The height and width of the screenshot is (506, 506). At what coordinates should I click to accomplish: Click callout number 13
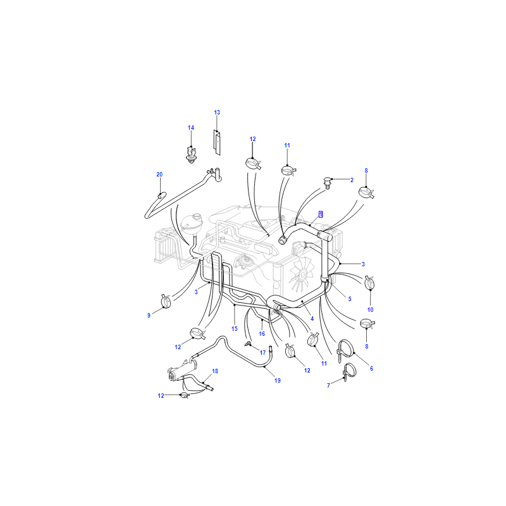tap(217, 113)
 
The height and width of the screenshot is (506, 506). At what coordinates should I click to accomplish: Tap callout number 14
tap(191, 128)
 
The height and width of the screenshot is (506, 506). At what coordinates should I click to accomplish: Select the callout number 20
tap(159, 175)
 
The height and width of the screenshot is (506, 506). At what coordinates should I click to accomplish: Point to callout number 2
tap(352, 180)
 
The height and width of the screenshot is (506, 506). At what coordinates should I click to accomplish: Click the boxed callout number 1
tap(321, 214)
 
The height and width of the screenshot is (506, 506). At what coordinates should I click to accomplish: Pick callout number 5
tap(350, 299)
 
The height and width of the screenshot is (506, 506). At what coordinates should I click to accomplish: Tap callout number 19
tap(278, 381)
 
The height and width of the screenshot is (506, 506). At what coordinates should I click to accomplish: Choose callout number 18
tap(215, 371)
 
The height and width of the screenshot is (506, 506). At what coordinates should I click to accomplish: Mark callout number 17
tap(262, 353)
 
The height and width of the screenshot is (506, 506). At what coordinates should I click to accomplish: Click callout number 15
tap(234, 328)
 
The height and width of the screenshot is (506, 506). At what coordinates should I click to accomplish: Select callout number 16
tap(262, 334)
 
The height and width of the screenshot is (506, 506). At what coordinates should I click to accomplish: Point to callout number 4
tap(312, 319)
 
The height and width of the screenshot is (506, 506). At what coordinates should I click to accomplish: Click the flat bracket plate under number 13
tap(217, 142)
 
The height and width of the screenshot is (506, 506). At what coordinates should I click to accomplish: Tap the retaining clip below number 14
tap(191, 155)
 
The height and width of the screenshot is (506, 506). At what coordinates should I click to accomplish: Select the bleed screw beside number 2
tap(327, 183)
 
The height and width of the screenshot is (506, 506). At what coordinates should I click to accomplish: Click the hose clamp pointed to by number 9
tap(166, 301)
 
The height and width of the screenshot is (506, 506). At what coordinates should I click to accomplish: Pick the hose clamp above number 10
tap(369, 283)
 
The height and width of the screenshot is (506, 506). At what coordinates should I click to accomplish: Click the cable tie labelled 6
tap(346, 351)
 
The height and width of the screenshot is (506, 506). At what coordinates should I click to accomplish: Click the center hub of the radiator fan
tap(302, 275)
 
